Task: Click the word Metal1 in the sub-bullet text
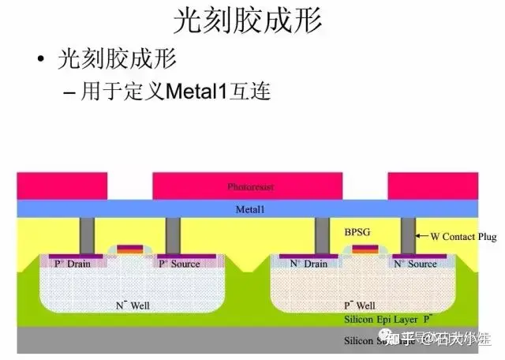198,92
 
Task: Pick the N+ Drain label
305,264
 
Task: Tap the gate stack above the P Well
364,250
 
